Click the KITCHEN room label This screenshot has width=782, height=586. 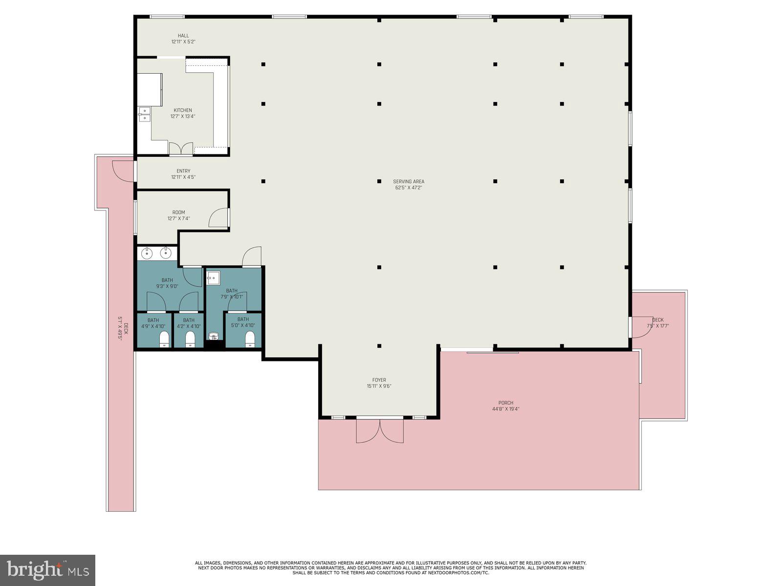(183, 113)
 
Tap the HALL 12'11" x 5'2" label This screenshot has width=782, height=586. (183, 39)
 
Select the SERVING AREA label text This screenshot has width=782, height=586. (409, 184)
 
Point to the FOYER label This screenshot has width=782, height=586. (379, 383)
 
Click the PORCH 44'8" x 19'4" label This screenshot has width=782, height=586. (505, 406)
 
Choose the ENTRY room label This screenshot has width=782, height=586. (183, 174)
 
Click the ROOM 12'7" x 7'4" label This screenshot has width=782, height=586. (178, 215)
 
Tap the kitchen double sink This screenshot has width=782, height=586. (144, 114)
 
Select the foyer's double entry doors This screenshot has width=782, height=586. (380, 430)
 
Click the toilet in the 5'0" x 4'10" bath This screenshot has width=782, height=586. (250, 339)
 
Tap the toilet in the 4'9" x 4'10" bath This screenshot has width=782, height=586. (165, 339)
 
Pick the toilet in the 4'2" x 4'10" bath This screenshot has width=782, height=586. (191, 339)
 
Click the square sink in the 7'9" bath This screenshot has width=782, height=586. (214, 278)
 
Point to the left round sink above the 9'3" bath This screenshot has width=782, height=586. (147, 253)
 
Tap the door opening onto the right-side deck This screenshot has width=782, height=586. (640, 327)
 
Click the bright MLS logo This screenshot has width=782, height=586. (47, 570)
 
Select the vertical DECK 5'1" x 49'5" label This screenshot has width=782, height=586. (122, 328)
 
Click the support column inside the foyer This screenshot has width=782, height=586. (379, 346)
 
